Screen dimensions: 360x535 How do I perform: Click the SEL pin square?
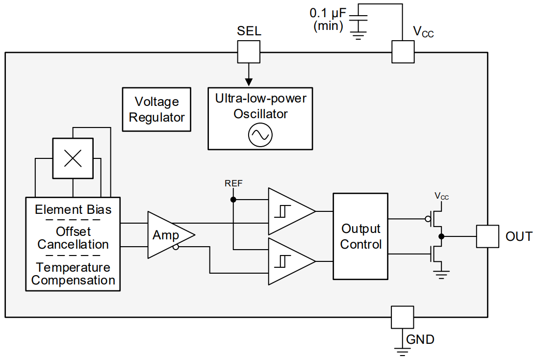[249, 51]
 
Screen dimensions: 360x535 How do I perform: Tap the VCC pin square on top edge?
[403, 51]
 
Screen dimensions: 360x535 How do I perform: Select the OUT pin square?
[488, 236]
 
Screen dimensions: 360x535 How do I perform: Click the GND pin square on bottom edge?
[403, 317]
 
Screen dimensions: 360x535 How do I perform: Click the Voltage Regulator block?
[156, 110]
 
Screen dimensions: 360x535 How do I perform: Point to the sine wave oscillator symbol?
[260, 135]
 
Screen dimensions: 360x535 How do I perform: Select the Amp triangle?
[167, 235]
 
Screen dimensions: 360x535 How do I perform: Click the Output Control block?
[360, 236]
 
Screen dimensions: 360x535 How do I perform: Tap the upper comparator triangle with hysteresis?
[289, 211]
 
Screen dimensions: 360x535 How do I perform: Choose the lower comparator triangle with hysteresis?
[289, 261]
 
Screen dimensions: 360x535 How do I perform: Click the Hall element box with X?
[73, 158]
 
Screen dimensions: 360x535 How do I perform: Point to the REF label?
[233, 183]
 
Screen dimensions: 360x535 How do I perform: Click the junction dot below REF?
[233, 200]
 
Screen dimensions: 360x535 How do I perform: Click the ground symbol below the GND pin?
[403, 350]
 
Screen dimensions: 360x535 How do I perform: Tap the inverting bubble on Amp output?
[176, 247]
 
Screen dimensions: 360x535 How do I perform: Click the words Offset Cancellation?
[73, 238]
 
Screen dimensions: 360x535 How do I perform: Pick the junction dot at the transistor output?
[441, 236]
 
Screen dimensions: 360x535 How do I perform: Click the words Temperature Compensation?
[73, 274]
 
